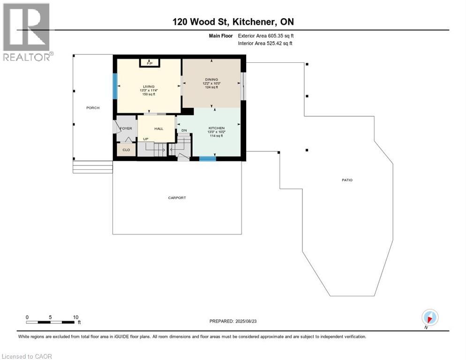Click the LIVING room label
(x=149, y=87)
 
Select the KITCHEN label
(x=216, y=128)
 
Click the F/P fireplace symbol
(x=150, y=63)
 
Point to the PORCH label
(x=92, y=108)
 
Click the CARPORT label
(x=177, y=198)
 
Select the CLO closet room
(x=126, y=150)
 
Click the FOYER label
(x=126, y=128)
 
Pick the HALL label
(x=158, y=128)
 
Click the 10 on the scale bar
(x=75, y=317)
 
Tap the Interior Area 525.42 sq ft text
(x=265, y=44)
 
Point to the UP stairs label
(x=146, y=139)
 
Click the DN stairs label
(x=184, y=130)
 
